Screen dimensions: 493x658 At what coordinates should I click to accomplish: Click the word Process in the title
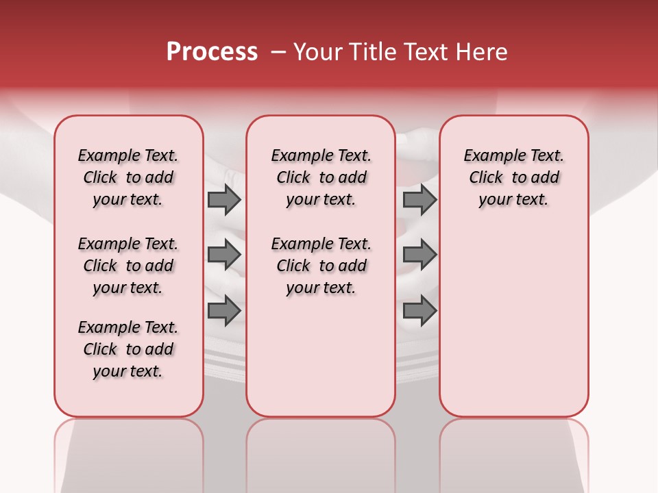point(212,52)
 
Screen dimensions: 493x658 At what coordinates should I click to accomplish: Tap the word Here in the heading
point(483,52)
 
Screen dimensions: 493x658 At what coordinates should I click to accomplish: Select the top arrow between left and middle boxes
point(224,199)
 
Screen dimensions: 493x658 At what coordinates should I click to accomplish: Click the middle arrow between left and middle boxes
point(224,255)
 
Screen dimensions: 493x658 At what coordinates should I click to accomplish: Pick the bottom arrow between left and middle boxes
point(224,310)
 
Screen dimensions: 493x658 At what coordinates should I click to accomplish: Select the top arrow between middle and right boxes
point(419,199)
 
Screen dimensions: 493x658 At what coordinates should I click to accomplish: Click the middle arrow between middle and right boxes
point(419,255)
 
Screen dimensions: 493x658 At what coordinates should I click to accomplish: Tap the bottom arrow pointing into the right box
point(419,310)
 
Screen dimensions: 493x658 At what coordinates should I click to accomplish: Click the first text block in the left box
point(128,177)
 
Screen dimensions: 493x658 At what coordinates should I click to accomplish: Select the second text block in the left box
point(128,266)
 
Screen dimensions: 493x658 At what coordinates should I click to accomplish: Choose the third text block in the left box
point(128,349)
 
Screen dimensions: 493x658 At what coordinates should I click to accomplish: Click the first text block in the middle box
point(321,177)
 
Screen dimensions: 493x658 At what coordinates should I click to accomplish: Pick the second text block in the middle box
point(321,266)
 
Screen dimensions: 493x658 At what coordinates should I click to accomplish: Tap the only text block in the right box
point(513,177)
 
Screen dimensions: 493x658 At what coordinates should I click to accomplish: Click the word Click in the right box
point(486,178)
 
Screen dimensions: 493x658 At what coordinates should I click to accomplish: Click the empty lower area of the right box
point(513,322)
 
